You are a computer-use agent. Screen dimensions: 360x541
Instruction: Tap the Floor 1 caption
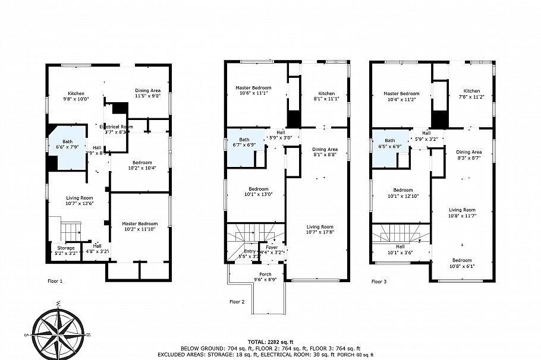55,280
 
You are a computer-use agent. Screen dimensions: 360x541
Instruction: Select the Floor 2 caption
237,301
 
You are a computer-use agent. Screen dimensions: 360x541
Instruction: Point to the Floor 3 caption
379,281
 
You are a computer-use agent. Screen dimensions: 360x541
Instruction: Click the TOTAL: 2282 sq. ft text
270,342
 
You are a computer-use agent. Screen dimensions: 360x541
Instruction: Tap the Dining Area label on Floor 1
147,93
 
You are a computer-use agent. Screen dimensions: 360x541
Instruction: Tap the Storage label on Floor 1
66,250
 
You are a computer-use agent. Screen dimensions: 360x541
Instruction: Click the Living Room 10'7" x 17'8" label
320,229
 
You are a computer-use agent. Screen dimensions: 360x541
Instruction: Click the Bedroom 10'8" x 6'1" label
462,263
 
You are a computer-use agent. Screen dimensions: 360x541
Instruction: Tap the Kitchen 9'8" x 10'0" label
76,96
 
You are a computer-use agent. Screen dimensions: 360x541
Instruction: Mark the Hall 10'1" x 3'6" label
400,250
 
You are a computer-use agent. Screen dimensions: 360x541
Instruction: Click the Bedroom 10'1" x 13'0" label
255,192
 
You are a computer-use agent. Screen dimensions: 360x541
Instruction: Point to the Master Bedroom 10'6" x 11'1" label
254,90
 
